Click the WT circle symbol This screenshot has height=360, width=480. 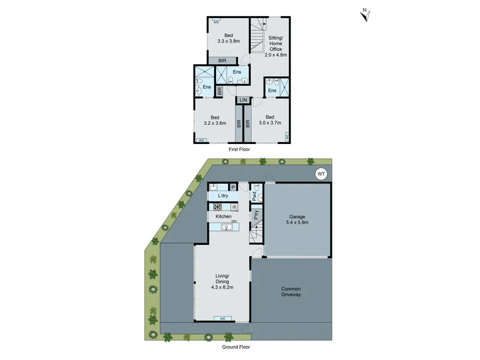point(321,174)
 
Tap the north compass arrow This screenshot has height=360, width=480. point(365,16)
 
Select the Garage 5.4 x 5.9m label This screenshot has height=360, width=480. point(297,220)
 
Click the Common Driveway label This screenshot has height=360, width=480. point(291,292)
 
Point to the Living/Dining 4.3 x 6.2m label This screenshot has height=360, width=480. point(222,281)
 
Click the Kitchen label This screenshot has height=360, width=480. point(223,217)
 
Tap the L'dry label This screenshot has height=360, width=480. point(223,196)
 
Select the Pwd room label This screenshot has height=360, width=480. point(254,196)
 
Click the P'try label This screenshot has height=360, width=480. point(256,215)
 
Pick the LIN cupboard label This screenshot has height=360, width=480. point(244,100)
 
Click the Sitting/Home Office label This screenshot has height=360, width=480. point(275,46)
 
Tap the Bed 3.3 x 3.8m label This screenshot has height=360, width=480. point(229,38)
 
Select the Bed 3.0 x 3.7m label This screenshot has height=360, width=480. point(269,120)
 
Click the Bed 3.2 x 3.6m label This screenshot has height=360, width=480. point(215,121)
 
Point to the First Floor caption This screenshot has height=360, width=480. point(239,149)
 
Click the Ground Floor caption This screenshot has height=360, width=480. point(236,347)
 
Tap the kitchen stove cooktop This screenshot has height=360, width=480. point(218,206)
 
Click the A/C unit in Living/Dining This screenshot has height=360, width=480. point(223,319)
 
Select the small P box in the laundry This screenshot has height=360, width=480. point(233,187)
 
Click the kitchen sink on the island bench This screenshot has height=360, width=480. point(227,227)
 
